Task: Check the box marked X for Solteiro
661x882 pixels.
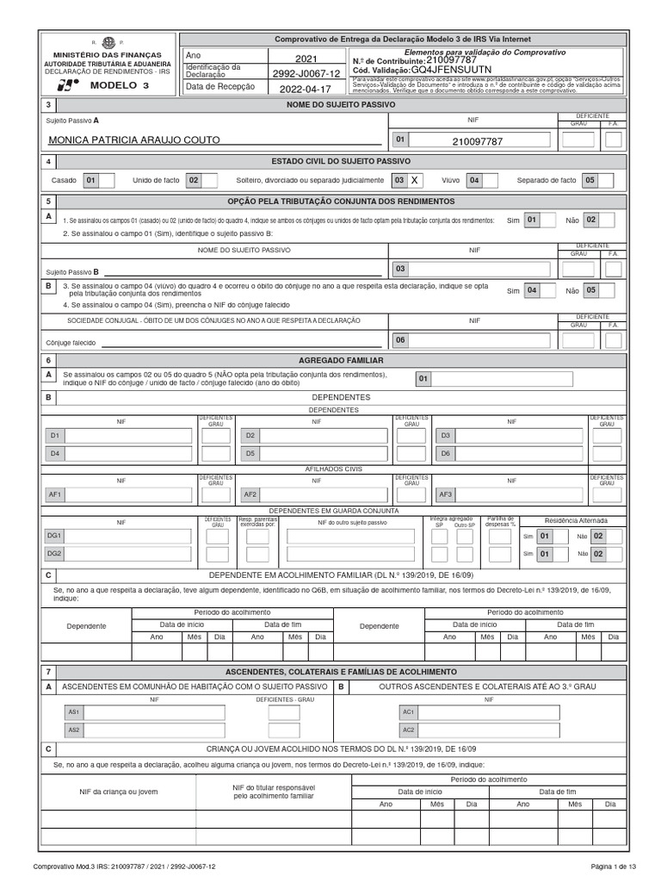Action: (x=415, y=181)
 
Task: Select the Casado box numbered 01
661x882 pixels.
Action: (x=91, y=181)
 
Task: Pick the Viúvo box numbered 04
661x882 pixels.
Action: (x=473, y=181)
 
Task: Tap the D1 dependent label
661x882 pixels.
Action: (x=54, y=436)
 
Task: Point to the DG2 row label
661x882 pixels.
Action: (x=54, y=553)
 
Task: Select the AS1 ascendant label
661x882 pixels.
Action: (x=74, y=712)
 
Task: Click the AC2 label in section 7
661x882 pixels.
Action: (x=408, y=730)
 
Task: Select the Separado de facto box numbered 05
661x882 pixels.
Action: (x=589, y=181)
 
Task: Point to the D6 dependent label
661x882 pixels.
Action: (x=445, y=453)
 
